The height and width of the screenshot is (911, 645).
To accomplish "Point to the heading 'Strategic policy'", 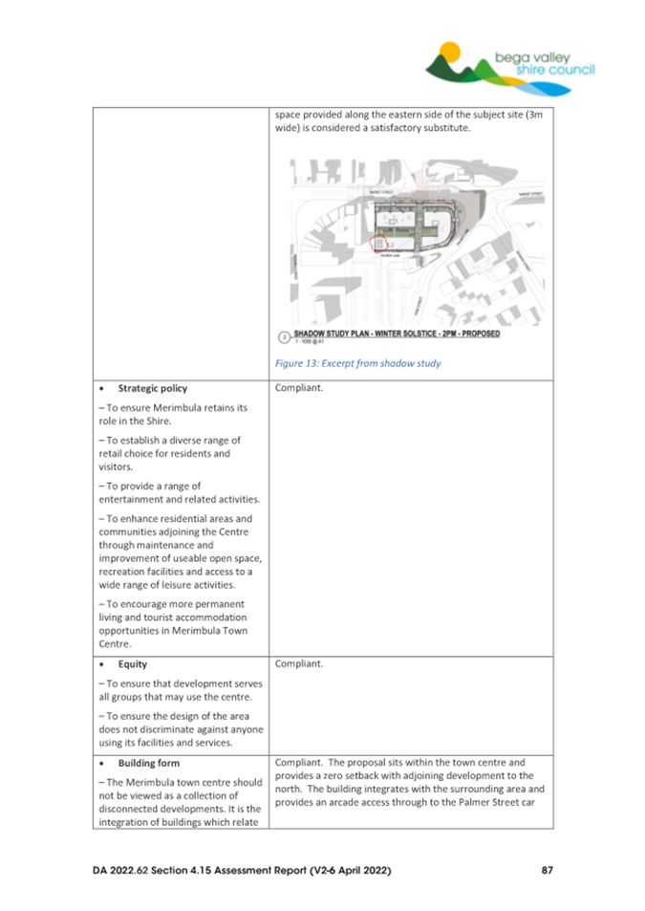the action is (x=153, y=389).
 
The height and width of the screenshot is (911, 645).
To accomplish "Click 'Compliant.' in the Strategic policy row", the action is (x=300, y=389).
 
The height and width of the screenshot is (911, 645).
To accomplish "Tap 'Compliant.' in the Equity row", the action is (x=300, y=662).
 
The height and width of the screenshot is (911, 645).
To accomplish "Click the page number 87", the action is (x=547, y=871).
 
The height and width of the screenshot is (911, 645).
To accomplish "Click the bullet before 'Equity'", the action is (x=102, y=662).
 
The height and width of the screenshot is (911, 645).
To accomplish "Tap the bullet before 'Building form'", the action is (x=102, y=764).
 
